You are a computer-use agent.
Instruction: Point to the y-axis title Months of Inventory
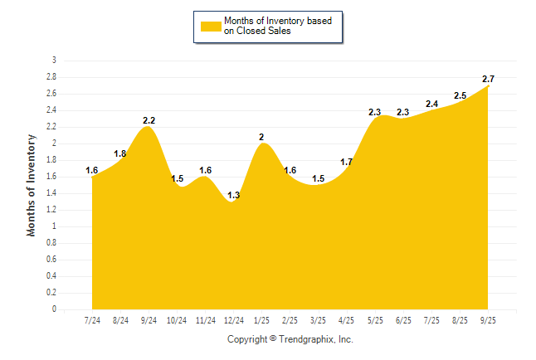(x=32, y=185)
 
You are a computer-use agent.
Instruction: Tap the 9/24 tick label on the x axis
(x=149, y=320)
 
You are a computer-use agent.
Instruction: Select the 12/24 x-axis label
(x=234, y=320)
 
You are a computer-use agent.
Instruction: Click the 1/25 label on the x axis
(x=262, y=320)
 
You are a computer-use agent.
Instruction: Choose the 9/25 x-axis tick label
(x=489, y=320)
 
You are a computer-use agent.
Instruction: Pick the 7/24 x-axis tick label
(x=92, y=320)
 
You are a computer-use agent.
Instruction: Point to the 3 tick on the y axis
(x=54, y=61)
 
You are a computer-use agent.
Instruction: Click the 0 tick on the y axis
(x=54, y=309)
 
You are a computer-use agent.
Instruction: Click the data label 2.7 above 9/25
(x=489, y=79)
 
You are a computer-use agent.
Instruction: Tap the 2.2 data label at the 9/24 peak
(x=149, y=121)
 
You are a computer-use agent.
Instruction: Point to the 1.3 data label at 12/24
(x=234, y=195)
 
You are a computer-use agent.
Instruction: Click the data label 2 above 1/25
(x=262, y=137)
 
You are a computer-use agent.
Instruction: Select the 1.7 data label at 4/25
(x=347, y=162)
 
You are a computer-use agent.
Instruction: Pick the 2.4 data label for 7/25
(x=431, y=104)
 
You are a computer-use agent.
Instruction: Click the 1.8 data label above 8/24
(x=120, y=153)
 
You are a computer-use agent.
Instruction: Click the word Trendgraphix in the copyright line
(x=306, y=339)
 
